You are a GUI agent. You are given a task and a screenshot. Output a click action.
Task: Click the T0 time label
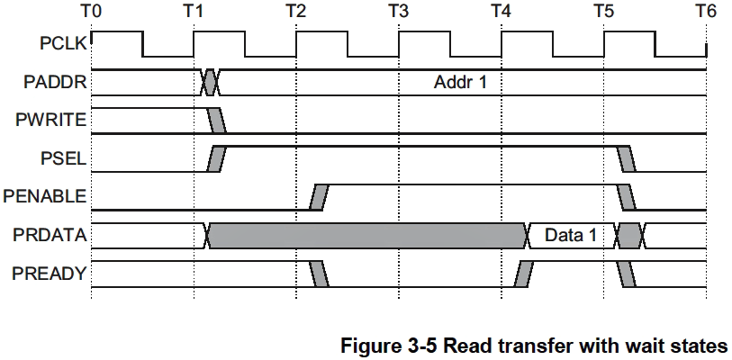coord(93,12)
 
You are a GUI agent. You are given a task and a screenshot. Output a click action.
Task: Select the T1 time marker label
coord(194,12)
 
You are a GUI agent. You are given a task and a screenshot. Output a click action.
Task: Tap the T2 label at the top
coord(296,12)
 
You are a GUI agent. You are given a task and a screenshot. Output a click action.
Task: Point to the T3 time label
coord(399,12)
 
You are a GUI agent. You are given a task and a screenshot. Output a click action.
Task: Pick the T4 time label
coord(502,12)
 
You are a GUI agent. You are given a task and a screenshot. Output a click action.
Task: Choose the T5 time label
coord(604,12)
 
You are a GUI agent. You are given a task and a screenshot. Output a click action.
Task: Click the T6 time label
coord(707,12)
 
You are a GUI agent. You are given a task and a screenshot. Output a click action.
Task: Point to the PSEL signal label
coord(64,158)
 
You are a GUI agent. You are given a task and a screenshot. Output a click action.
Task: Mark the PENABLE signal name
coord(45,196)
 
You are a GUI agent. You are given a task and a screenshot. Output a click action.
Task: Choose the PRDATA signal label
coord(50,235)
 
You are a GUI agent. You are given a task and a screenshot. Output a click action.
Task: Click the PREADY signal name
coord(50,274)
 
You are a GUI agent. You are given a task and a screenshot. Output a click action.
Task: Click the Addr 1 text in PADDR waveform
coord(461,83)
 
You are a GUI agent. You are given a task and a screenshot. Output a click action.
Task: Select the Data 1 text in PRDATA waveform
coord(571,236)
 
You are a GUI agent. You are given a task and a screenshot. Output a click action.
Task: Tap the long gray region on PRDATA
coord(367,236)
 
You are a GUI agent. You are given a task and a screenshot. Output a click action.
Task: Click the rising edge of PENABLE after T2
coord(318,197)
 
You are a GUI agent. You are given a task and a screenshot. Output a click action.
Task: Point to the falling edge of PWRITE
coord(217,121)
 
